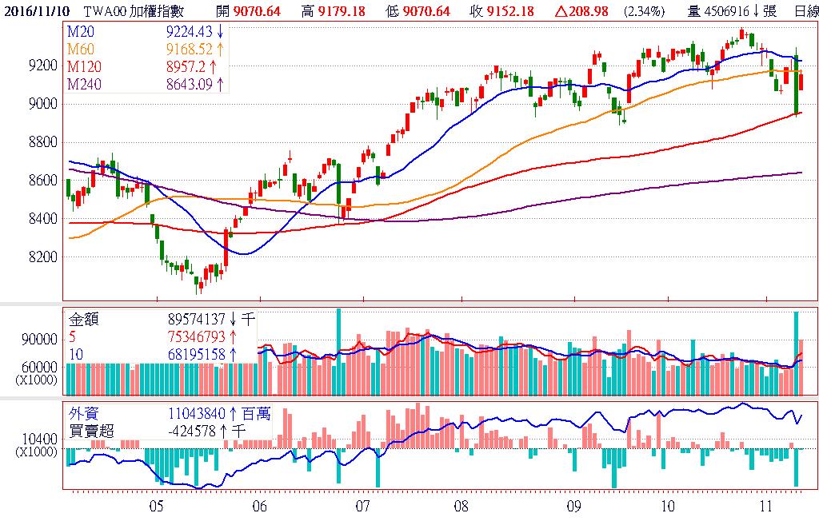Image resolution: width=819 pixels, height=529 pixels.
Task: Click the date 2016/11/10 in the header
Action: (x=34, y=10)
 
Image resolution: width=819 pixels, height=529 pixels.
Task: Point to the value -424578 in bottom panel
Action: (x=193, y=431)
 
